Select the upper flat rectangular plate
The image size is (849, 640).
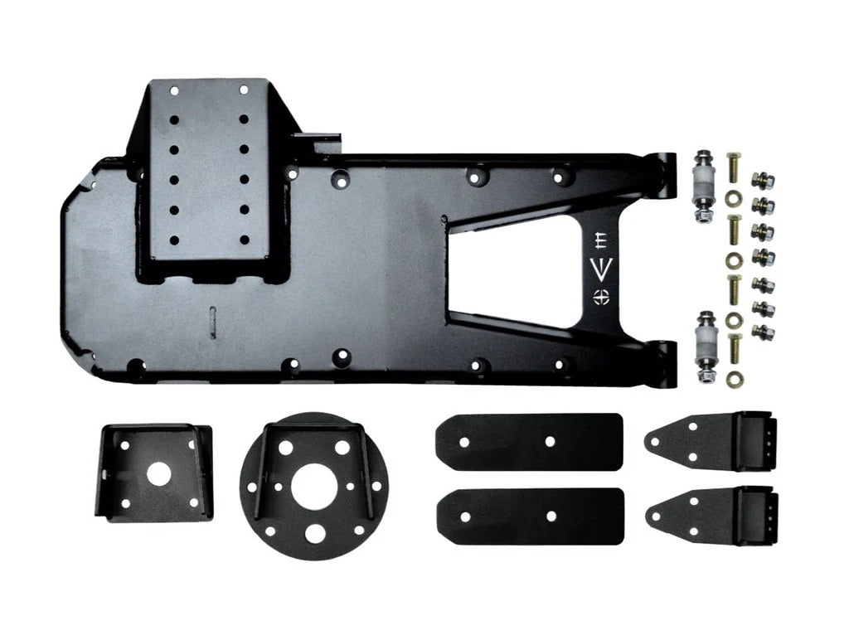point(529,442)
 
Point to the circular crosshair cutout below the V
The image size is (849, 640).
point(602,296)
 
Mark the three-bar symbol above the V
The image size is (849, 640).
point(602,241)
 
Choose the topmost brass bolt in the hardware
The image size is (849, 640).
point(733,170)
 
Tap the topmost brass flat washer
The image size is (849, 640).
point(733,199)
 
